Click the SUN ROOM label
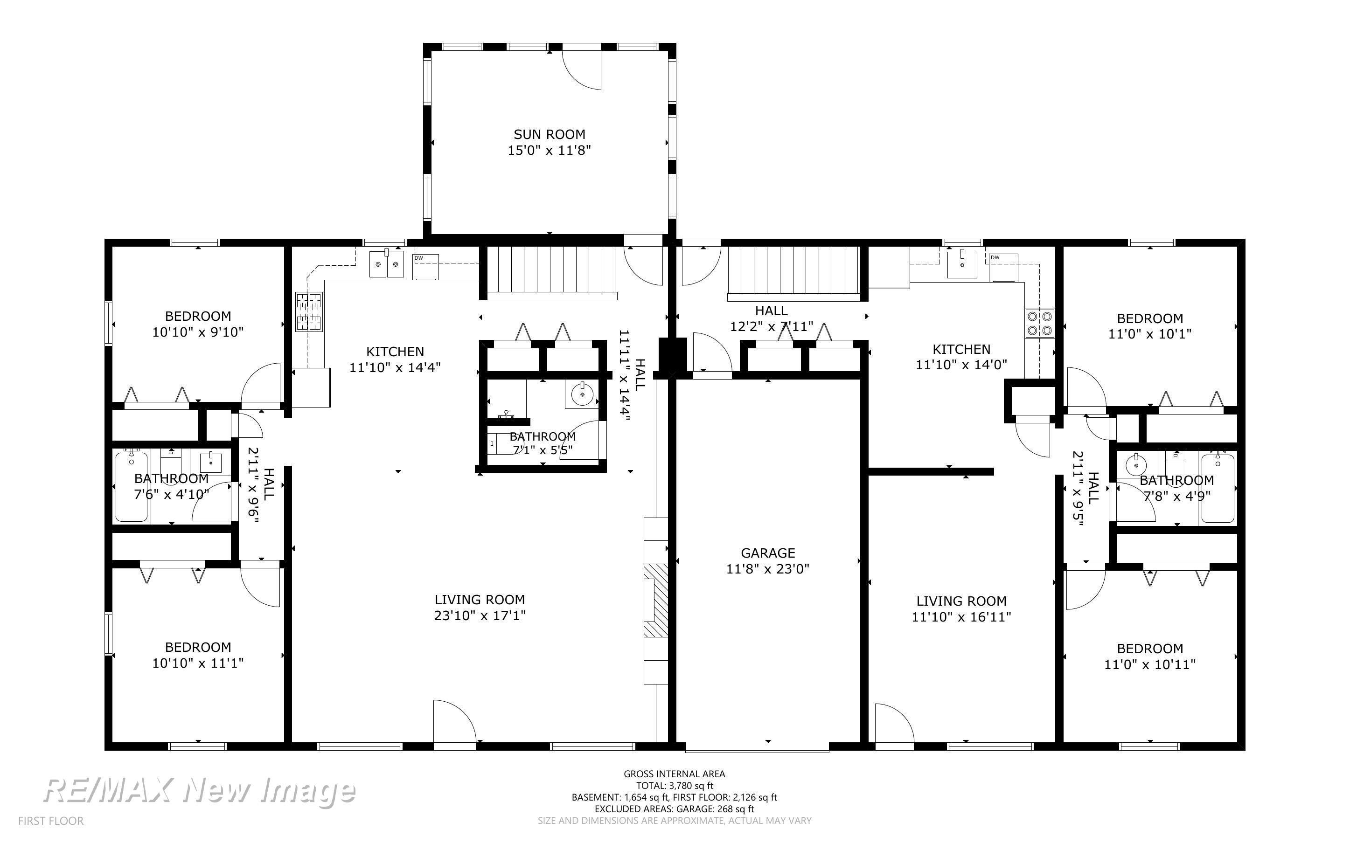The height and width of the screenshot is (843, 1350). tap(549, 134)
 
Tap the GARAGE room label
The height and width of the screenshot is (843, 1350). tap(767, 553)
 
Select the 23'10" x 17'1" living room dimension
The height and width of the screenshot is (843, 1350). tap(480, 615)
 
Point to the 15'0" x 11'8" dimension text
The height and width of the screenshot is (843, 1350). tap(549, 150)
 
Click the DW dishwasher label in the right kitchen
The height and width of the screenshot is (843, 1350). tap(995, 257)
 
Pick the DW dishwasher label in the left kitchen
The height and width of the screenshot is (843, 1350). tap(419, 257)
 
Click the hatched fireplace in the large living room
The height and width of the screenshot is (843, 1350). tap(656, 600)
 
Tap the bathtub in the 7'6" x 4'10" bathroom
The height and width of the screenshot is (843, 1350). tap(132, 487)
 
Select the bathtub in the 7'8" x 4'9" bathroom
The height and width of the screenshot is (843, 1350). tap(1218, 488)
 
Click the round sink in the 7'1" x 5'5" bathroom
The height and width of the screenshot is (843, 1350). tap(582, 394)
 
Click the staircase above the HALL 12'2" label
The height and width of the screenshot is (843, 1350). tap(794, 273)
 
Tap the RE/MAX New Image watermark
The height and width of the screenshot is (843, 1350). tap(199, 791)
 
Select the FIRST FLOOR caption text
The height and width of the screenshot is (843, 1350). tap(51, 821)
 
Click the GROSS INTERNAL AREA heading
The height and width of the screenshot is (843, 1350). tap(674, 774)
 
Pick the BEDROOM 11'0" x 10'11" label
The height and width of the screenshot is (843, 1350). tap(1150, 656)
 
